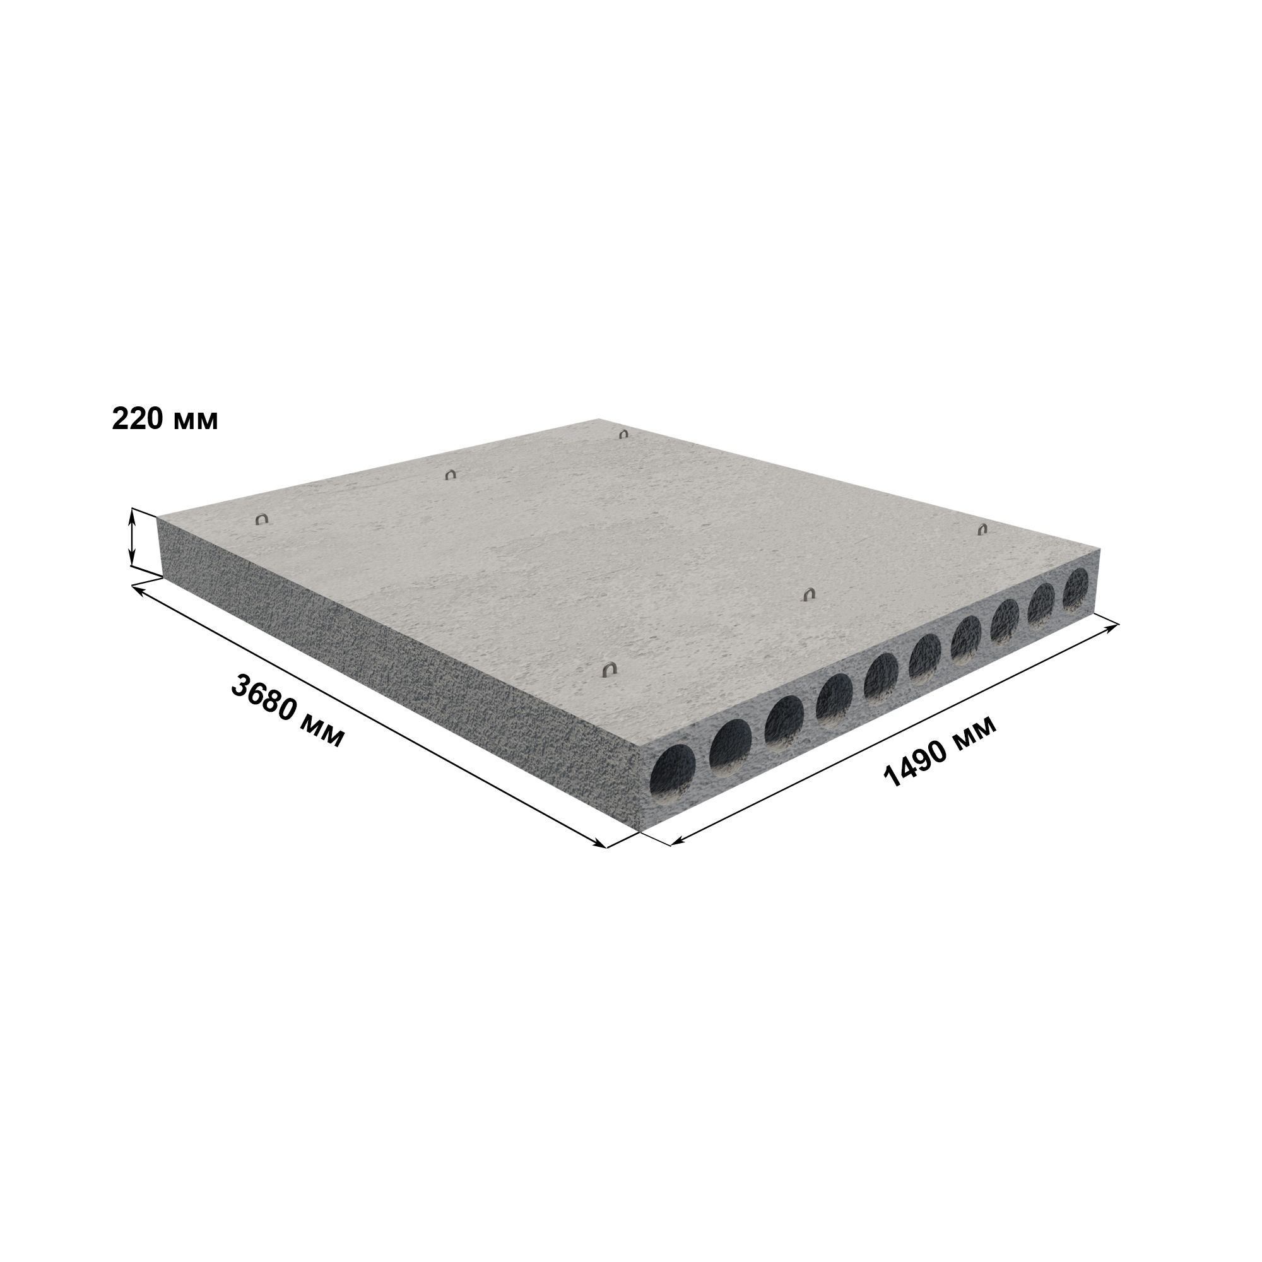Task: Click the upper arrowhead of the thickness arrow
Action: coord(133,515)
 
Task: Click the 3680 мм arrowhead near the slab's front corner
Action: coord(599,843)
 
